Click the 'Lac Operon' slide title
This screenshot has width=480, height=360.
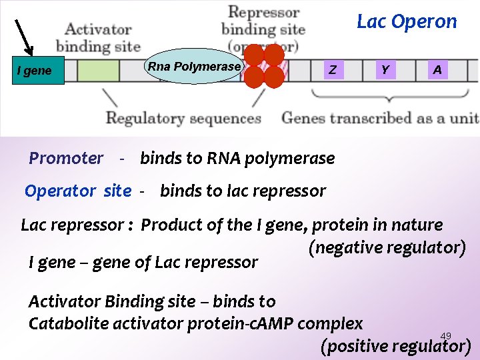click(407, 21)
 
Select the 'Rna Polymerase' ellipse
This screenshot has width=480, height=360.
click(193, 67)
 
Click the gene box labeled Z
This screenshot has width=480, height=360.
click(333, 70)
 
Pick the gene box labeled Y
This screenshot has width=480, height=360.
click(385, 70)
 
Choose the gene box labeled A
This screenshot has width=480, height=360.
click(437, 70)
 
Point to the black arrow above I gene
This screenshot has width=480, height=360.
click(25, 37)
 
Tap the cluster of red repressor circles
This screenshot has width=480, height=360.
click(264, 67)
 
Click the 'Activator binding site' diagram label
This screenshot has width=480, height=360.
click(98, 38)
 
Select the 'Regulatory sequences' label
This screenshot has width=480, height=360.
click(183, 119)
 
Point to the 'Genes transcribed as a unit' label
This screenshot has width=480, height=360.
click(380, 119)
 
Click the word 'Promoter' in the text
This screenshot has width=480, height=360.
click(66, 159)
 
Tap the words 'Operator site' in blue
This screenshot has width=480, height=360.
click(78, 191)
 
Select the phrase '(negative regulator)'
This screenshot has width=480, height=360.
click(387, 248)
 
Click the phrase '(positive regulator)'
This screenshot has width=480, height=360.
click(395, 347)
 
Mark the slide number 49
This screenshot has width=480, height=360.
click(446, 336)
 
